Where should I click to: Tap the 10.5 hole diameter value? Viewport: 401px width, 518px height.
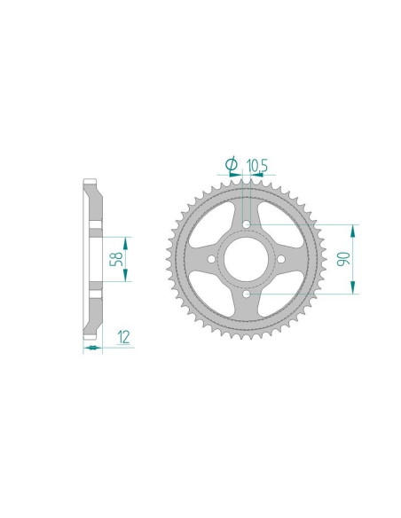pyautogui.click(x=258, y=164)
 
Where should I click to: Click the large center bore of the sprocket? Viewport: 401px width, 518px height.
pyautogui.click(x=246, y=258)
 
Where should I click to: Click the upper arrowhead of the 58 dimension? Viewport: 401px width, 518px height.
pyautogui.click(x=127, y=242)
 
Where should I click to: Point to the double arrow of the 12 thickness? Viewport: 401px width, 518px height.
pyautogui.click(x=91, y=348)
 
